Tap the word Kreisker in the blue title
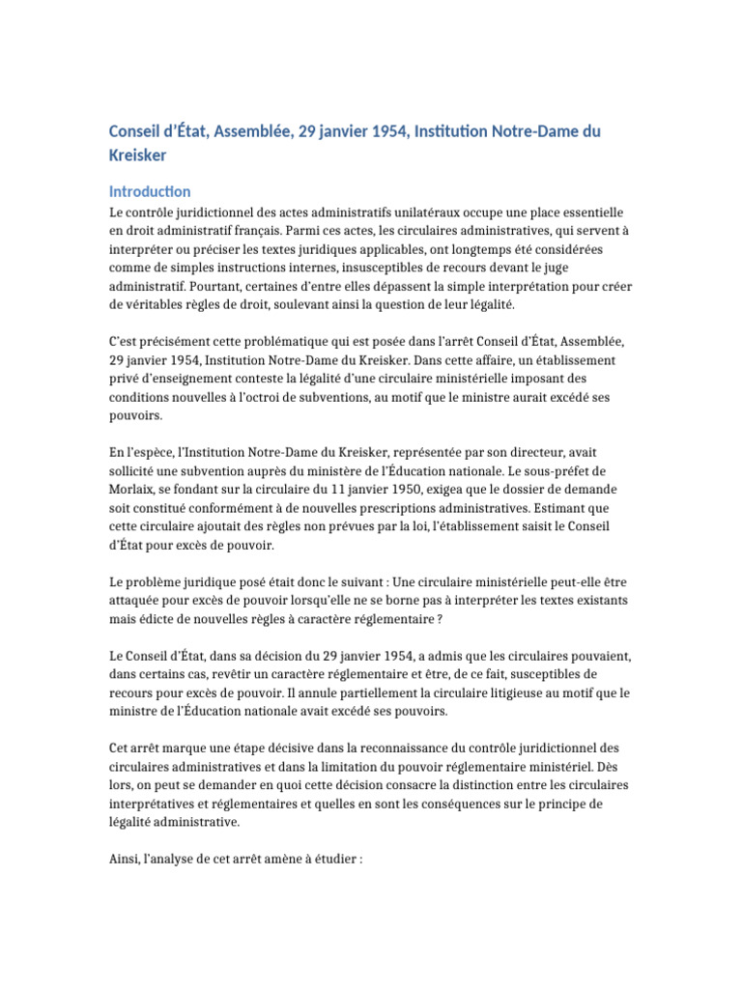tap(137, 155)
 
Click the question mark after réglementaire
tap(439, 618)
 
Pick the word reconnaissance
tap(409, 748)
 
